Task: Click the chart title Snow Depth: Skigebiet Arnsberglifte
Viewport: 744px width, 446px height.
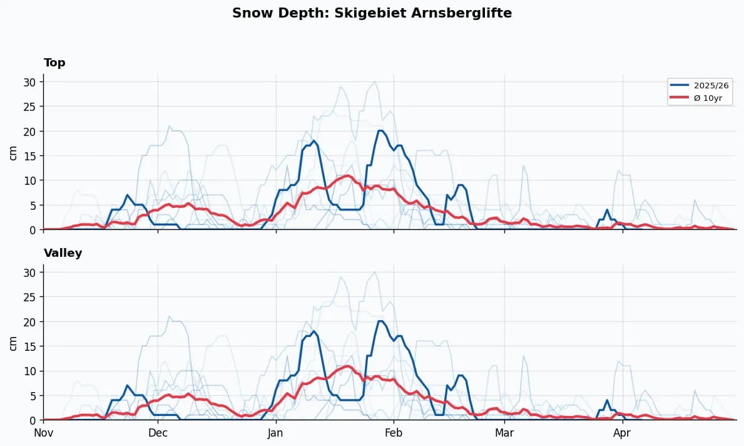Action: pos(372,13)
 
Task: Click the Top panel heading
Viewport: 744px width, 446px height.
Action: pos(54,63)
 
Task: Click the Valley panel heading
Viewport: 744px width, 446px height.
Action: pos(63,253)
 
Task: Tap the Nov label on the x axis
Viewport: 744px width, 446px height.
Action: pos(43,433)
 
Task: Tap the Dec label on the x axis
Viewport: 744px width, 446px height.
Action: pos(158,433)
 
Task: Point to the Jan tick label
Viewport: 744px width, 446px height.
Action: pos(275,433)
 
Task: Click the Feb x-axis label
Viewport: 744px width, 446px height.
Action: pos(394,433)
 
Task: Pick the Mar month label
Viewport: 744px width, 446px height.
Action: pos(504,433)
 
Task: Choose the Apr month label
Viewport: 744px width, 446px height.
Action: pos(622,433)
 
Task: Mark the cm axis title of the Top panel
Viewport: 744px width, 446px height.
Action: pos(13,152)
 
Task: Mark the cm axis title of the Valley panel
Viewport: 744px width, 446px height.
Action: pos(13,343)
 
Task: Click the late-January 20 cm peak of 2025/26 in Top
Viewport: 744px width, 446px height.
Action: pos(380,131)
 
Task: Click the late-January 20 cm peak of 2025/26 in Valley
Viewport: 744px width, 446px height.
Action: pos(380,321)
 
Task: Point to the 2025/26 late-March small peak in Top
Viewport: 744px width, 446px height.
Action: pos(607,210)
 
